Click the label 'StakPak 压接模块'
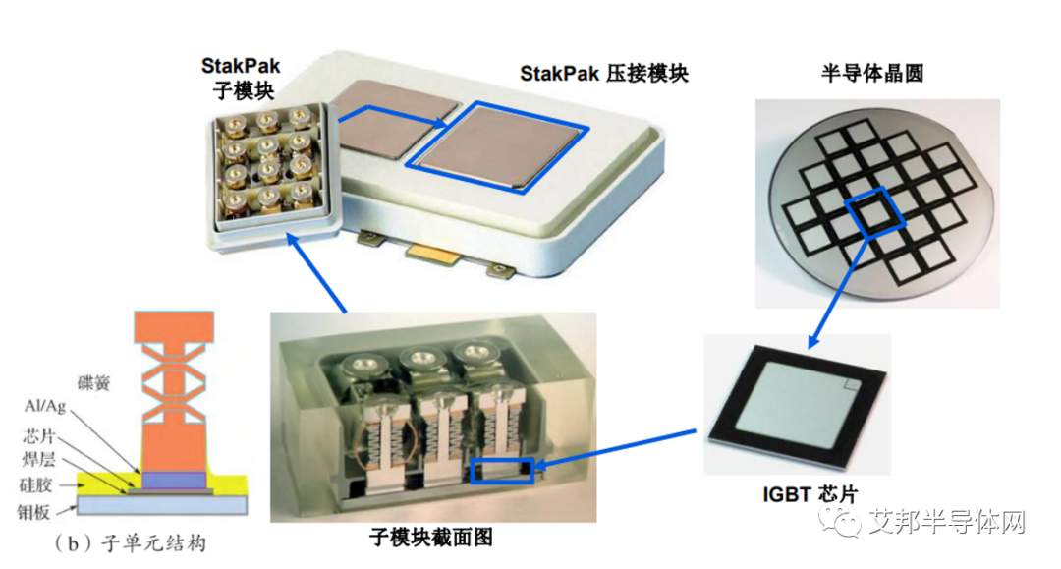click(603, 73)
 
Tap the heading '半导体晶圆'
click(872, 73)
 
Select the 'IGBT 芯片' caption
click(810, 494)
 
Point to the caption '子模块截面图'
click(431, 538)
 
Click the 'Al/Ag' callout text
click(45, 406)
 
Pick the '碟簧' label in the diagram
click(93, 383)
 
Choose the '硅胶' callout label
click(36, 485)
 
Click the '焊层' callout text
click(38, 460)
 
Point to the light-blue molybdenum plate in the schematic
click(162, 505)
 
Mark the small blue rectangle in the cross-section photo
click(502, 471)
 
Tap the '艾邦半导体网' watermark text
click(947, 522)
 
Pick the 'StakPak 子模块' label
click(241, 78)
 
